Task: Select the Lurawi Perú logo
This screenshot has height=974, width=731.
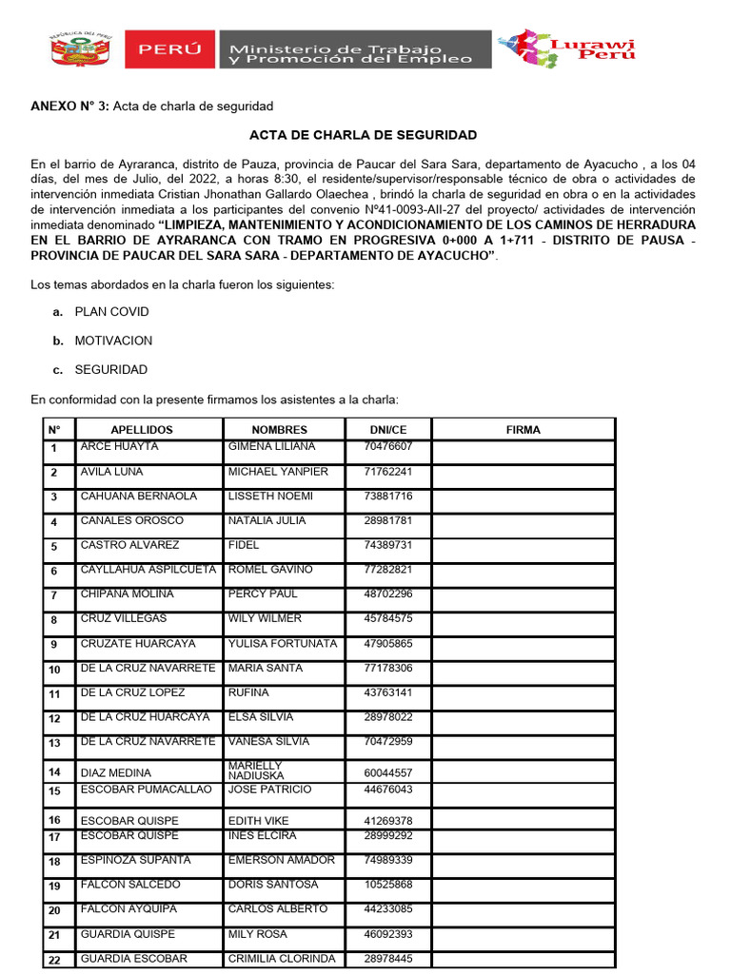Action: point(567,49)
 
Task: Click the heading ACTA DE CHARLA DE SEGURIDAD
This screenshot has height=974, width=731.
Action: point(363,136)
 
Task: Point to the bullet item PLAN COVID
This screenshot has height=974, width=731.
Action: point(112,312)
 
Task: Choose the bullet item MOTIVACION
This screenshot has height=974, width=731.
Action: point(113,341)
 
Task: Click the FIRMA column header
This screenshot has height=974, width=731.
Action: point(523,430)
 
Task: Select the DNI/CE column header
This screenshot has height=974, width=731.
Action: point(388,430)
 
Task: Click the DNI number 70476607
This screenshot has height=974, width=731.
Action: point(388,447)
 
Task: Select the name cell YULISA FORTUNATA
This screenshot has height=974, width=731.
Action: point(283,644)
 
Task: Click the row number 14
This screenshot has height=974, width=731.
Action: point(55,772)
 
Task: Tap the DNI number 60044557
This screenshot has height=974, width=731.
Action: point(388,772)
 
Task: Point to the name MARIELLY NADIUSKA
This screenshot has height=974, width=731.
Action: point(257,770)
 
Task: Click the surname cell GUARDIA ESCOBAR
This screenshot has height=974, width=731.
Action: point(134,959)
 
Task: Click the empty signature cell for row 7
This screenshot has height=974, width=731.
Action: point(523,595)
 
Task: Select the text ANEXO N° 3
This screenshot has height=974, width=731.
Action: point(69,106)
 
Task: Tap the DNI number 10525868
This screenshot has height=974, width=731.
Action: point(388,886)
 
